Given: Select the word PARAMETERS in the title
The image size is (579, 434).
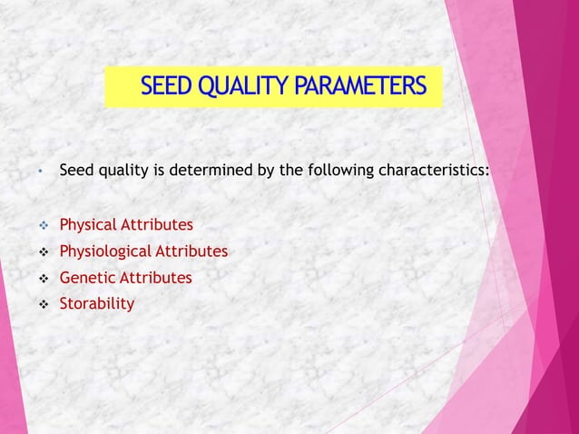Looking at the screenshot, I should coord(359,87).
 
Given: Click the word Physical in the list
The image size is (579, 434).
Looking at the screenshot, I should coord(88,224).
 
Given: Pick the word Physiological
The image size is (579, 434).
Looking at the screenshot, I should coord(106,252).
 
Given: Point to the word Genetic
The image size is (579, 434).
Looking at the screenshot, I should coord(87,278).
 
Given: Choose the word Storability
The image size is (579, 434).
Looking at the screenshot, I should coord(97,303).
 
